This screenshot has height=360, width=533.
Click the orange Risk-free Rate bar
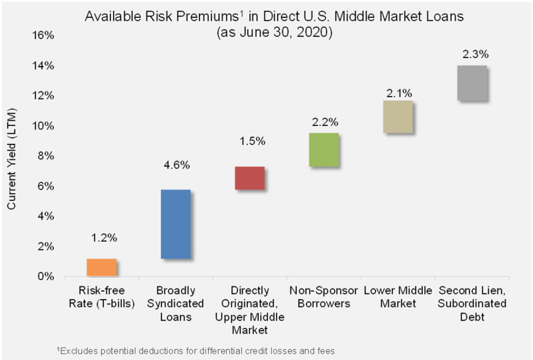[x=101, y=267]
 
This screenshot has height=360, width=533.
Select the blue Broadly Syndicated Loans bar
[x=175, y=224]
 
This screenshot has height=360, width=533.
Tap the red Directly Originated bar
[x=250, y=178]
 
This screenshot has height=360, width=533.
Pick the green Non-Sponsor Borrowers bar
[x=324, y=150]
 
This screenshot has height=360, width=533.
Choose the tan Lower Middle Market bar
[x=398, y=117]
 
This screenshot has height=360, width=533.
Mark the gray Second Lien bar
[x=472, y=83]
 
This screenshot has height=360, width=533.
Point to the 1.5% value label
[x=252, y=141]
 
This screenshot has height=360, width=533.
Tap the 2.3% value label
[x=475, y=55]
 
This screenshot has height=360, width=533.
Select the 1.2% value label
[x=104, y=238]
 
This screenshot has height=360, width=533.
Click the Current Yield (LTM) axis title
[x=12, y=159]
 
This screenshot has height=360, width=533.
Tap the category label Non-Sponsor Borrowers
[x=324, y=297]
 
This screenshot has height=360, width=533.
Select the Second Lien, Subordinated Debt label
[x=472, y=303]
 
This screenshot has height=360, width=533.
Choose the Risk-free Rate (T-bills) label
[x=101, y=297]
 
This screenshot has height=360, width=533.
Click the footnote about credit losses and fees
[x=196, y=350]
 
